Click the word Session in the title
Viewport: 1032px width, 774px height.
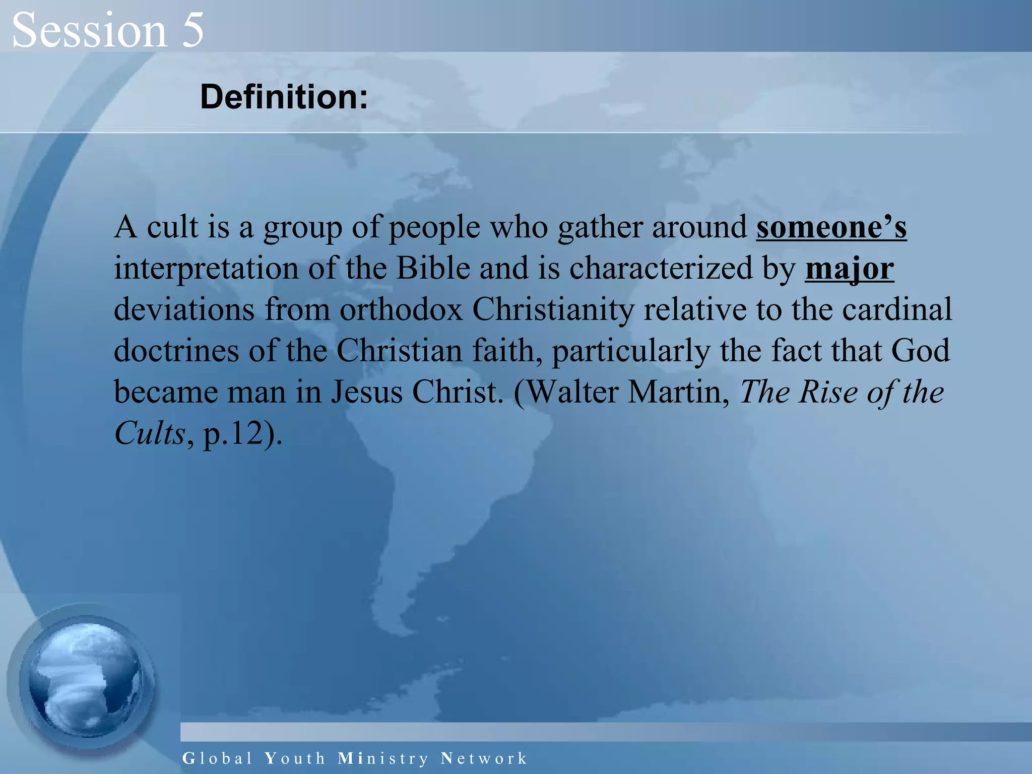point(89,30)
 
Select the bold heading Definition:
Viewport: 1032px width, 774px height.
point(284,97)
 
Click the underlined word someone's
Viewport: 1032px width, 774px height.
point(831,227)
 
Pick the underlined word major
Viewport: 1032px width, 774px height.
point(849,269)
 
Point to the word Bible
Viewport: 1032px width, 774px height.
point(433,269)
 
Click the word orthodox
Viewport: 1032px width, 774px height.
point(401,309)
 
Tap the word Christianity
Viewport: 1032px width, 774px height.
point(553,309)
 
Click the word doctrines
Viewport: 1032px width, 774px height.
point(176,351)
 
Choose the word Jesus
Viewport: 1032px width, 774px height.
point(366,392)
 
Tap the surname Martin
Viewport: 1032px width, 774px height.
point(678,392)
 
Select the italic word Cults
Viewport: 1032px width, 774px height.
point(150,433)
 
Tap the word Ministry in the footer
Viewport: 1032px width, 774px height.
point(383,758)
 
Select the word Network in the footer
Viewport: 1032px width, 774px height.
point(484,758)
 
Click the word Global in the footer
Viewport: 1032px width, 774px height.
point(217,758)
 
